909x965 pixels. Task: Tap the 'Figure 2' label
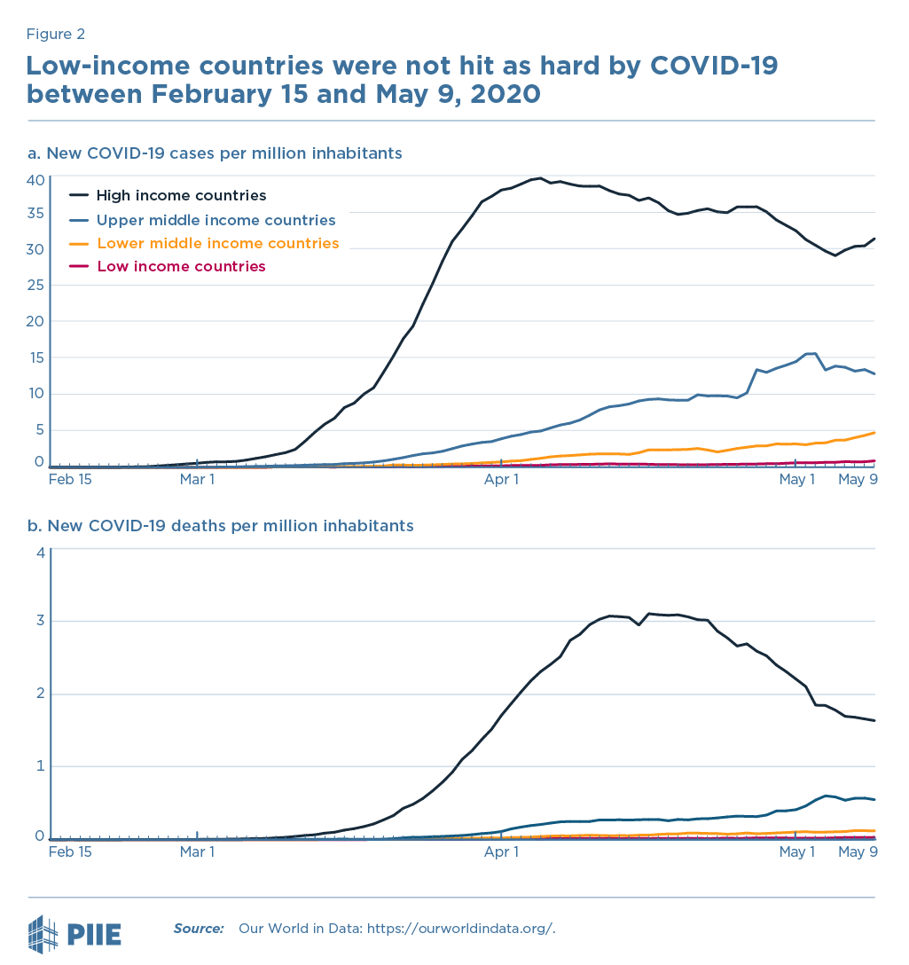55,35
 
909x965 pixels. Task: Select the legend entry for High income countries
181,195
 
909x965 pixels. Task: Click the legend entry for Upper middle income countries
215,220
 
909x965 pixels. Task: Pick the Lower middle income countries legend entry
217,243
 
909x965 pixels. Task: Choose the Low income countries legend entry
181,266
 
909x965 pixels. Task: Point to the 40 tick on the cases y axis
35,180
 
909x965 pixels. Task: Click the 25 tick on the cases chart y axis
35,286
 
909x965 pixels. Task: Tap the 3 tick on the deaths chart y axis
39,621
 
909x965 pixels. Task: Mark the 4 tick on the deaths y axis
39,553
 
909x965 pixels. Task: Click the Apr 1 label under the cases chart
502,480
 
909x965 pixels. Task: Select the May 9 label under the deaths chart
858,852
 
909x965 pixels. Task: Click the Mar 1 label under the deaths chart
197,852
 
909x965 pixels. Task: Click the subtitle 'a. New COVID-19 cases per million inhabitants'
215,153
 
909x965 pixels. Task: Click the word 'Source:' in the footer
199,929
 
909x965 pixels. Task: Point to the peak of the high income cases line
540,178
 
